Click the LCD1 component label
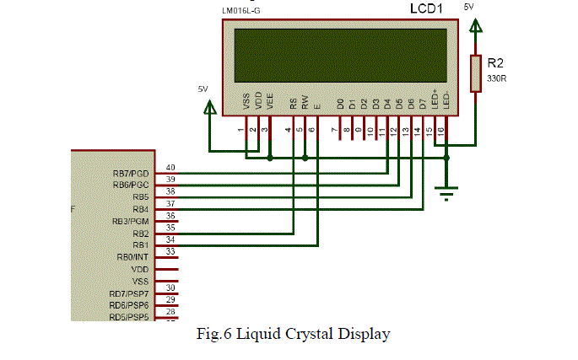pyautogui.click(x=427, y=9)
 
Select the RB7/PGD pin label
pyautogui.click(x=130, y=173)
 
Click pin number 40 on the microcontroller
pyautogui.click(x=170, y=168)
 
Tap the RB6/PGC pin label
pyautogui.click(x=130, y=185)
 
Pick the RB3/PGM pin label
pyautogui.click(x=130, y=221)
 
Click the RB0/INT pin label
pyautogui.click(x=133, y=256)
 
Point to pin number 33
pyautogui.click(x=170, y=251)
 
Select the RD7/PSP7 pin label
pyautogui.click(x=129, y=293)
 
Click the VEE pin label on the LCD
pyautogui.click(x=270, y=101)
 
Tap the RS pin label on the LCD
pyautogui.click(x=294, y=104)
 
